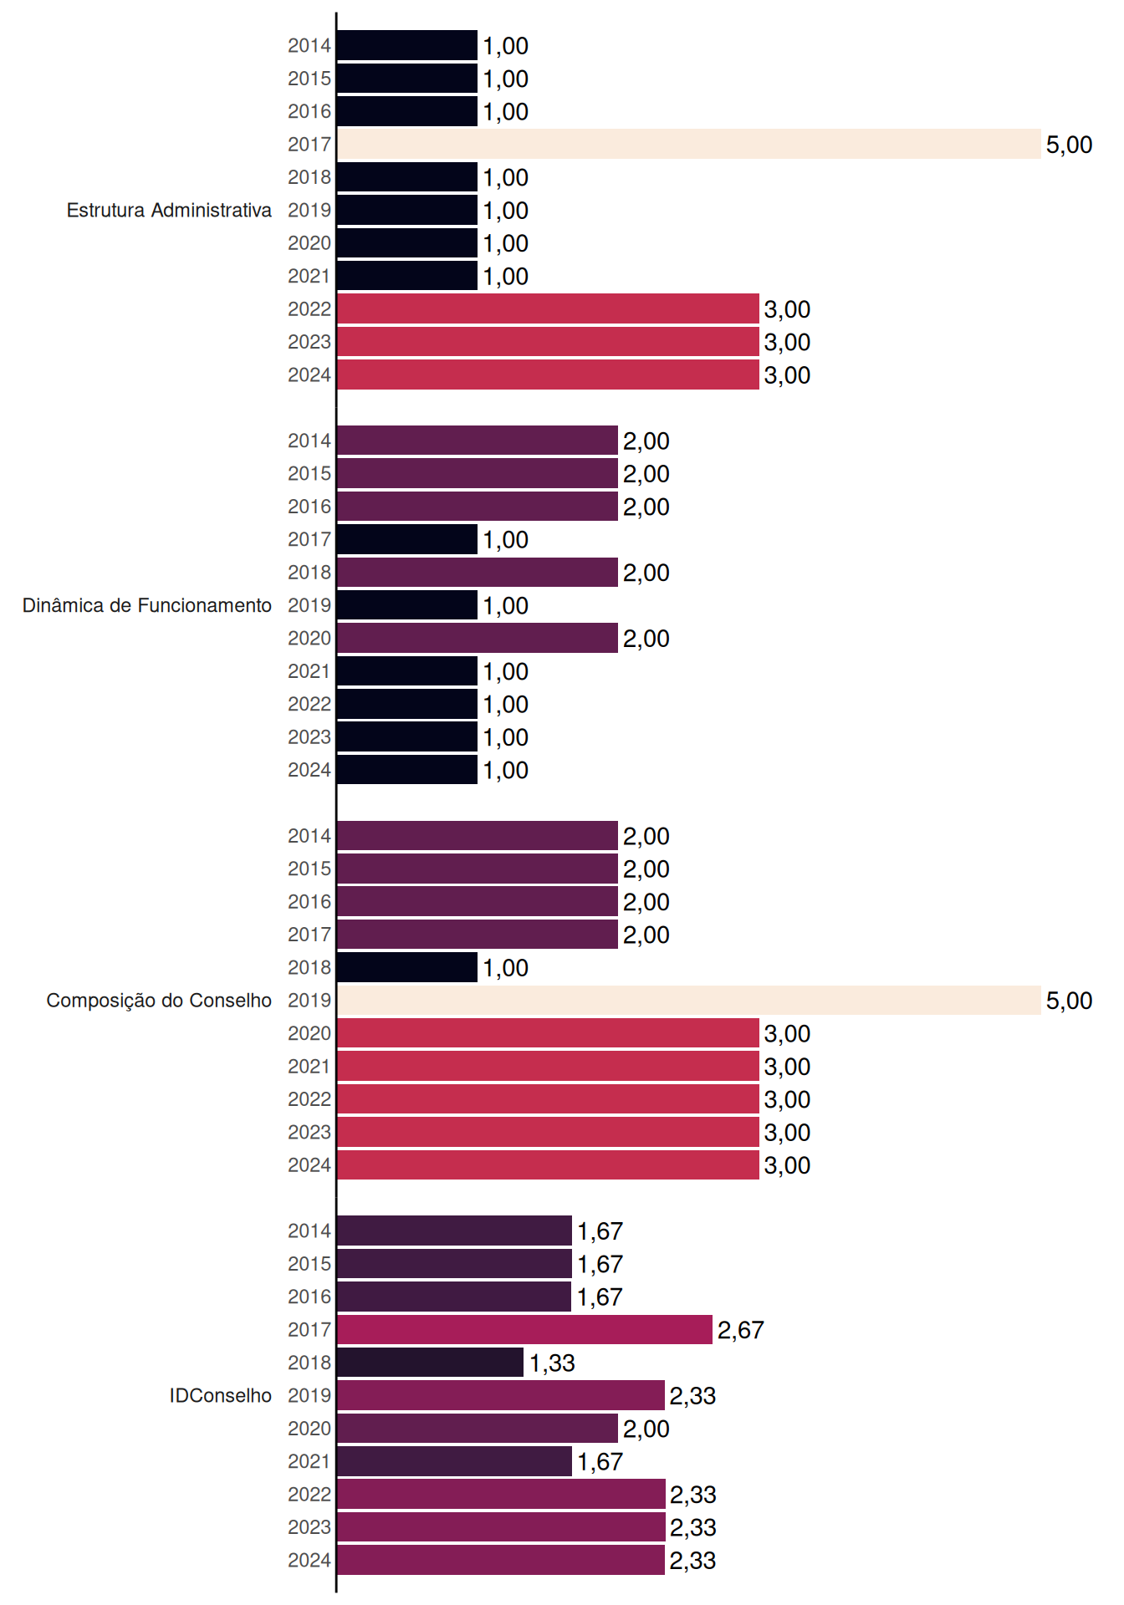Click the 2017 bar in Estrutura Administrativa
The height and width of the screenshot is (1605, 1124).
pyautogui.click(x=689, y=144)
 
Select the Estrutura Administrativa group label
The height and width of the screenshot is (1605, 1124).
pyautogui.click(x=169, y=210)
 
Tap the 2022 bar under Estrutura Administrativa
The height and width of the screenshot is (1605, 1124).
pyautogui.click(x=548, y=308)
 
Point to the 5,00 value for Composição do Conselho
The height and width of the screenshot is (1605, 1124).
pyautogui.click(x=1069, y=1001)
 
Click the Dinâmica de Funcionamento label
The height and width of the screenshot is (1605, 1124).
pyautogui.click(x=147, y=605)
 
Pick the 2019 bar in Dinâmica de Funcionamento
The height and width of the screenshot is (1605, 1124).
pyautogui.click(x=407, y=605)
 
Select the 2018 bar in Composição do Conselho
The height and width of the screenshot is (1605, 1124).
pyautogui.click(x=407, y=967)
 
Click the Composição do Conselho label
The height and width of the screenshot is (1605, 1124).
pyautogui.click(x=159, y=1001)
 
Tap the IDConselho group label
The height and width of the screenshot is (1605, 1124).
pyautogui.click(x=221, y=1395)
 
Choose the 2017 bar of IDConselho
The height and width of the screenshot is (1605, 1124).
pyautogui.click(x=524, y=1329)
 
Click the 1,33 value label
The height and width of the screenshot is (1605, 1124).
pyautogui.click(x=552, y=1363)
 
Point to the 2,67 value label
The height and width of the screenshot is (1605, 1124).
pyautogui.click(x=740, y=1330)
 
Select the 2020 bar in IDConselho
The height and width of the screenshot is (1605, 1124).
pyautogui.click(x=478, y=1429)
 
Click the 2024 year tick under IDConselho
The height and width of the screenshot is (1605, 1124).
pyautogui.click(x=309, y=1560)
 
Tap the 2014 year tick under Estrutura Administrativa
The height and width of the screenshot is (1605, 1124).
pyautogui.click(x=309, y=45)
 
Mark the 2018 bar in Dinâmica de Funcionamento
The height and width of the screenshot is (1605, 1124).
pyautogui.click(x=478, y=572)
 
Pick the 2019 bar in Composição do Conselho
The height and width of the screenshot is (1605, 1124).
pyautogui.click(x=689, y=1000)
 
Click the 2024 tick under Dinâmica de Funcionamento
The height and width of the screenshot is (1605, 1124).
pyautogui.click(x=309, y=770)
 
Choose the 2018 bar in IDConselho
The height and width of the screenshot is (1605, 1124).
pyautogui.click(x=431, y=1363)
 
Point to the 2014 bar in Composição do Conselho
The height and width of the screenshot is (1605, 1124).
pyautogui.click(x=478, y=835)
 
